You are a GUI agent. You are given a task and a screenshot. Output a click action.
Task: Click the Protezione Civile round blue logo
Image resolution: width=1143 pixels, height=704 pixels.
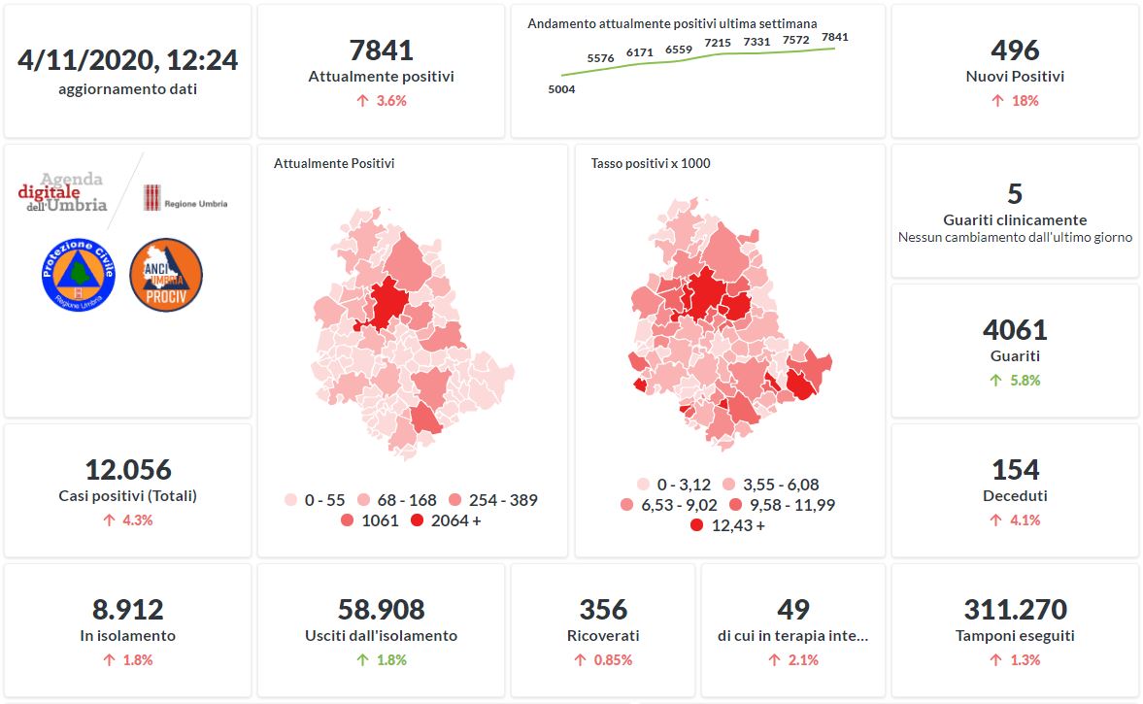(x=79, y=274)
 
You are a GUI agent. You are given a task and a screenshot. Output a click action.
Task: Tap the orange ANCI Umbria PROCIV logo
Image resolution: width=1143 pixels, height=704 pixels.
(x=166, y=274)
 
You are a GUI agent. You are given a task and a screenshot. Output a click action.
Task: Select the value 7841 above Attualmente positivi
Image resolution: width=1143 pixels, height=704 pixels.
(x=381, y=50)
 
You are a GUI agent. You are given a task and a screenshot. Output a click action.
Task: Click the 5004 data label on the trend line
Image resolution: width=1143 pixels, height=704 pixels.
(x=561, y=89)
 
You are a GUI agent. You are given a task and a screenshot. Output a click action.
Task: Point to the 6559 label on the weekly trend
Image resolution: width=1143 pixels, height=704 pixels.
(x=679, y=49)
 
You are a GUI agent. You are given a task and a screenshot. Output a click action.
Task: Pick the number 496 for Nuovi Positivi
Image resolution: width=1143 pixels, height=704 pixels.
(x=1015, y=50)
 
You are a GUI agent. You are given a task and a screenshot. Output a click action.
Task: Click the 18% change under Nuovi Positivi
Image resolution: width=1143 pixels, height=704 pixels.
(x=1015, y=101)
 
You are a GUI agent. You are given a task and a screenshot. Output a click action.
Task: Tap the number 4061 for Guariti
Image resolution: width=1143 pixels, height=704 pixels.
(x=1015, y=330)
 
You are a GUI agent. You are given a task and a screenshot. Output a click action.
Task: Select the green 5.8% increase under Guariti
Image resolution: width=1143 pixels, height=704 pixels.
(x=1015, y=381)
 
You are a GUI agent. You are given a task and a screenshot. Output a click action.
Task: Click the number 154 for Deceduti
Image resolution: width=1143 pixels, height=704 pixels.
(x=1015, y=470)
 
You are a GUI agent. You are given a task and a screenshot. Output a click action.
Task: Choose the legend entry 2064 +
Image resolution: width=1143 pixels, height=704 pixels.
(x=446, y=520)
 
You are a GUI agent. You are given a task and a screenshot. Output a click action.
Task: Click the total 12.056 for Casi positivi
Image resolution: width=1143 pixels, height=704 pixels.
(x=128, y=470)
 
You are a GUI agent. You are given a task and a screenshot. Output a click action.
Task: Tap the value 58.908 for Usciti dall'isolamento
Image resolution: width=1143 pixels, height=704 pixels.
(x=381, y=610)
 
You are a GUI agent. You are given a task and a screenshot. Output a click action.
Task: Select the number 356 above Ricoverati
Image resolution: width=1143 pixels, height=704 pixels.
(x=603, y=610)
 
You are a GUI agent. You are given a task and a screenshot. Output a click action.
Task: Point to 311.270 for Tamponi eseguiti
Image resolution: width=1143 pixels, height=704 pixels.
(x=1015, y=610)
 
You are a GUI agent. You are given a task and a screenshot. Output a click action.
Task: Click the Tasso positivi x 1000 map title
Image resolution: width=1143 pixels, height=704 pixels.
(x=651, y=163)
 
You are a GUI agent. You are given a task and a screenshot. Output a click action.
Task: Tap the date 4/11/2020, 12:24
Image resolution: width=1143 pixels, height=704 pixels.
(x=128, y=60)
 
